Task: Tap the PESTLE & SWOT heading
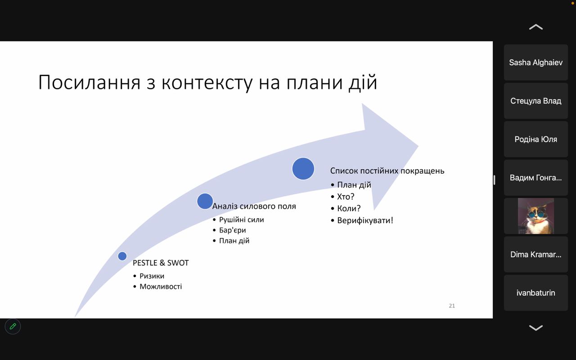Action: pyautogui.click(x=161, y=263)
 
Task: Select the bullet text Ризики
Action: pyautogui.click(x=152, y=276)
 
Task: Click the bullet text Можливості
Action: pyautogui.click(x=161, y=287)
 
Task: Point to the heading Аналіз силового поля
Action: pyautogui.click(x=254, y=206)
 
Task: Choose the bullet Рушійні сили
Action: pyautogui.click(x=242, y=220)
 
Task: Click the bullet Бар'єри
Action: pyautogui.click(x=233, y=230)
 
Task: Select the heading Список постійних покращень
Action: pyautogui.click(x=387, y=171)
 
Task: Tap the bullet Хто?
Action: pyautogui.click(x=346, y=197)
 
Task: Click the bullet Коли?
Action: pyautogui.click(x=349, y=208)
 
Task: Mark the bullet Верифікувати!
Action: pyautogui.click(x=365, y=220)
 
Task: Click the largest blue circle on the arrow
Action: pyautogui.click(x=303, y=169)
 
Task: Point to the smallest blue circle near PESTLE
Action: pyautogui.click(x=122, y=256)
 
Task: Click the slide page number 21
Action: pyautogui.click(x=452, y=306)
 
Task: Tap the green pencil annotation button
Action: pyautogui.click(x=13, y=327)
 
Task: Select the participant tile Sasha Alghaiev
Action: pyautogui.click(x=536, y=63)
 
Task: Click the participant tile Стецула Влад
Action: pyautogui.click(x=536, y=101)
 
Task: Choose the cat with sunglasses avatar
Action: pyautogui.click(x=536, y=216)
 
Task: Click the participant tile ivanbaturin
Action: pyautogui.click(x=536, y=293)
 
